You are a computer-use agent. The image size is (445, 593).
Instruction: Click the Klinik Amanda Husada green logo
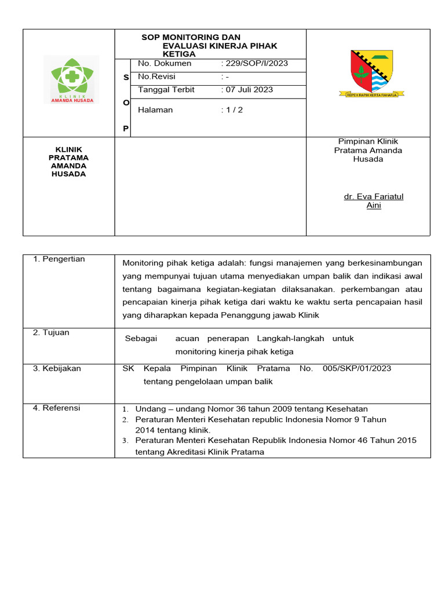(x=72, y=79)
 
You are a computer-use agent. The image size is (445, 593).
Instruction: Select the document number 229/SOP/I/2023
(x=256, y=63)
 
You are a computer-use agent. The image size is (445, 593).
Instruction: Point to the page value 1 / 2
(x=233, y=110)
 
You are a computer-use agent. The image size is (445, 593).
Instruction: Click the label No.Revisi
(x=156, y=76)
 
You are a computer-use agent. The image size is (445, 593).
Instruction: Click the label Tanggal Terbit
(x=166, y=90)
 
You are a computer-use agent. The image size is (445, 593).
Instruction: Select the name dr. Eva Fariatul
(x=374, y=196)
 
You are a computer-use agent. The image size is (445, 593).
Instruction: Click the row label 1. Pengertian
(x=59, y=259)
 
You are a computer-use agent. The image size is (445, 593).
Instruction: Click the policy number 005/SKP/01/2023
(x=357, y=368)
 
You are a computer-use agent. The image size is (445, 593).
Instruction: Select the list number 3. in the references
(x=125, y=441)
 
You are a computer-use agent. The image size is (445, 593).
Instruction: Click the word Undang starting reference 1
(x=149, y=408)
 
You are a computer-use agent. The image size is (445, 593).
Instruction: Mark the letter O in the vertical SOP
(x=126, y=102)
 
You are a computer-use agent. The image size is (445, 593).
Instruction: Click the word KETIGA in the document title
(x=179, y=54)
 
